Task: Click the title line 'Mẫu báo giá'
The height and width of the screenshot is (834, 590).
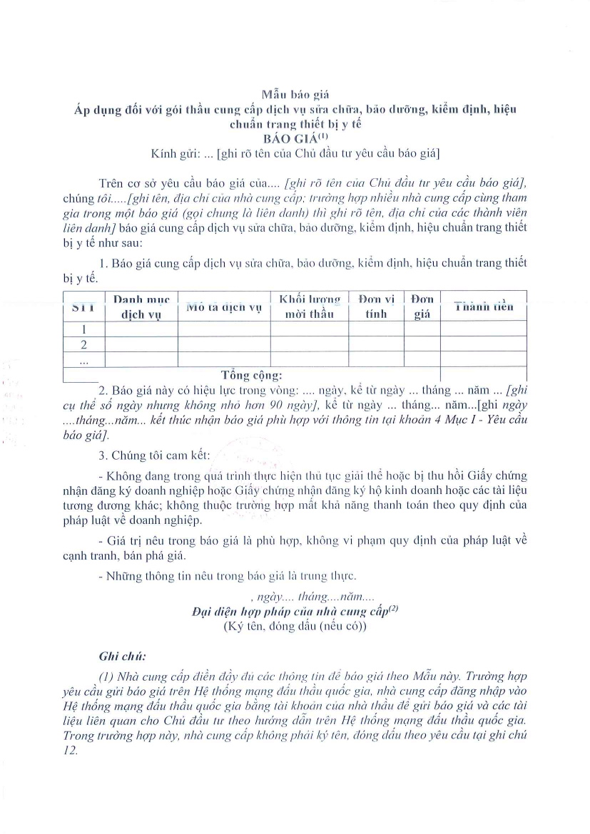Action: click(x=294, y=94)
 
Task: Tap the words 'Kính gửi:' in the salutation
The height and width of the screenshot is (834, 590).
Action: click(x=175, y=153)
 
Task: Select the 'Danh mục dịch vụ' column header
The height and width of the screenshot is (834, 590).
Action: click(x=141, y=307)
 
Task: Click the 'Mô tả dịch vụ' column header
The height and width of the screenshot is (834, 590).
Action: click(x=224, y=307)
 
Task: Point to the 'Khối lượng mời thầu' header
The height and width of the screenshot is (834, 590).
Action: click(x=309, y=307)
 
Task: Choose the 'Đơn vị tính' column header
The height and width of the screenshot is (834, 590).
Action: click(x=376, y=307)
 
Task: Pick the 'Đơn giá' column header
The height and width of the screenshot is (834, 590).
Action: click(x=422, y=307)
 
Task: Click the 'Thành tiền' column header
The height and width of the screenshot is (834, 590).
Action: click(x=483, y=307)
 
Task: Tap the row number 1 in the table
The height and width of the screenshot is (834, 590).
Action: click(x=84, y=329)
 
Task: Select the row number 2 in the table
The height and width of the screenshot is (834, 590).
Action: click(x=84, y=345)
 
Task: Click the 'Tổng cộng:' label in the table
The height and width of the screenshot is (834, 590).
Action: click(x=251, y=375)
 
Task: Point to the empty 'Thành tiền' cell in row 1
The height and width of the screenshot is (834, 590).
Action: click(x=483, y=329)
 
